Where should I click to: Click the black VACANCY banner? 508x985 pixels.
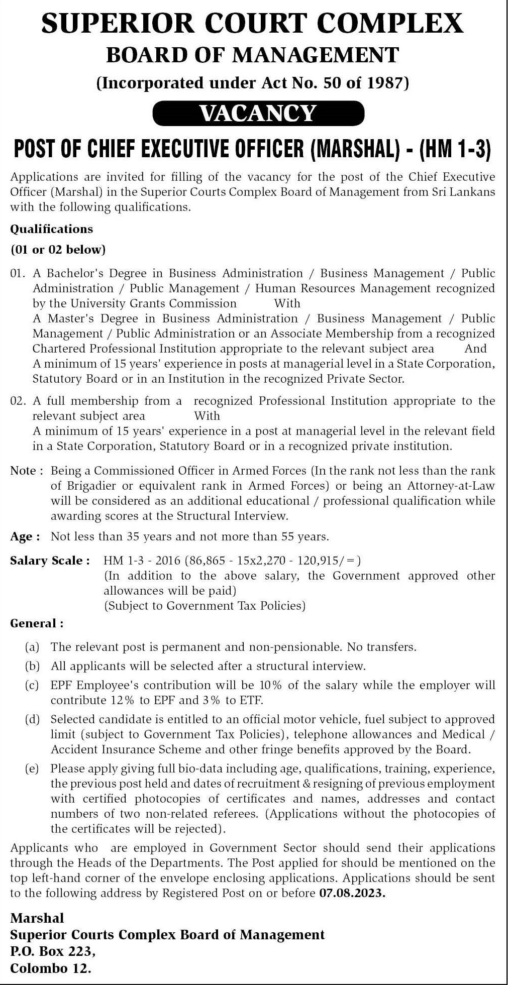click(258, 113)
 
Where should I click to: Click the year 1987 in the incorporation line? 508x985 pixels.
click(385, 82)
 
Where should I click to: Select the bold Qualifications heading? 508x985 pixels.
click(52, 229)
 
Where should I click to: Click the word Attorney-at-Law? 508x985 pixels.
click(451, 486)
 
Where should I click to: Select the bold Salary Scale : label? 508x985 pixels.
click(50, 561)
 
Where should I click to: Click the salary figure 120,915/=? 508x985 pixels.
click(329, 561)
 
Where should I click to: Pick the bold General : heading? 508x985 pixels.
click(37, 623)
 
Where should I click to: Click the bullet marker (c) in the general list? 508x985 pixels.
click(32, 685)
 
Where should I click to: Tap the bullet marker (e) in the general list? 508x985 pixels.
click(32, 769)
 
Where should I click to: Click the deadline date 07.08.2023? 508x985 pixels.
click(352, 893)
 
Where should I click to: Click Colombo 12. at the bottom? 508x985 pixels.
click(51, 968)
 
